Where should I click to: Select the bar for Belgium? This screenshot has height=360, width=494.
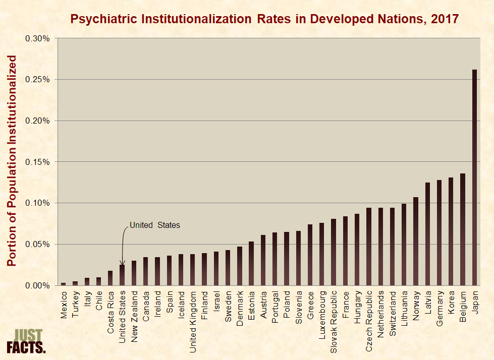[x=463, y=229]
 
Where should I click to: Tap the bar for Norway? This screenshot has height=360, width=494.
[x=416, y=242]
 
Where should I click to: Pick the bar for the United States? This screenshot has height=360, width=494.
[x=122, y=275]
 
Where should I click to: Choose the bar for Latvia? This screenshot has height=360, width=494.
[x=427, y=234]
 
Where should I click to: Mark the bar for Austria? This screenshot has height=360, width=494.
[x=263, y=260]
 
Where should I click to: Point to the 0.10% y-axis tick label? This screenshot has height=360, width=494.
[x=38, y=203]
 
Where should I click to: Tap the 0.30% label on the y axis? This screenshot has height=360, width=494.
[x=38, y=38]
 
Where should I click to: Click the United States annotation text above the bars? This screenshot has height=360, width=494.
[x=154, y=225]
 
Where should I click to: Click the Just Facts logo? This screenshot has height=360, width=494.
[x=26, y=341]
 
